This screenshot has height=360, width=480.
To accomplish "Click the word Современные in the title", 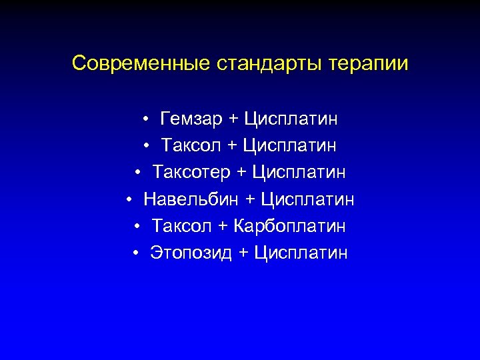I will coord(141,64).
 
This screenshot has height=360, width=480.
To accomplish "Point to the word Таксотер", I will coord(191,173).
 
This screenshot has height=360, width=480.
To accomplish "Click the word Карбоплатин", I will coord(289,226).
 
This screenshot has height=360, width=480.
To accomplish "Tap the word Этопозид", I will coord(191,253).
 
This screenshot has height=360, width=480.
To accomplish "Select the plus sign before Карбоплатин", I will coord(223,227).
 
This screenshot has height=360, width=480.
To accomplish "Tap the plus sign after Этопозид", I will coord(243,253).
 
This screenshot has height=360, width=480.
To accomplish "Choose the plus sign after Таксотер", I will coord(241,173).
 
